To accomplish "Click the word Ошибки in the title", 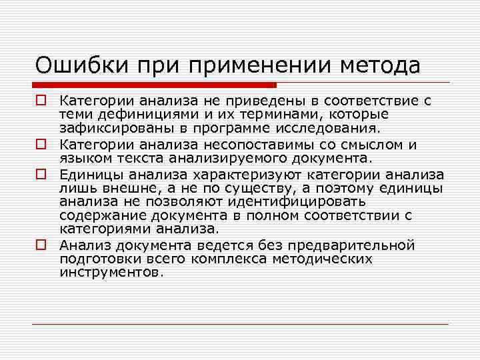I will point(78,65).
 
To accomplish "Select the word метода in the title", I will point(381,65).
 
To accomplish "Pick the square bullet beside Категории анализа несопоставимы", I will point(41,144).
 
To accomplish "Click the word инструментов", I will point(111,273).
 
